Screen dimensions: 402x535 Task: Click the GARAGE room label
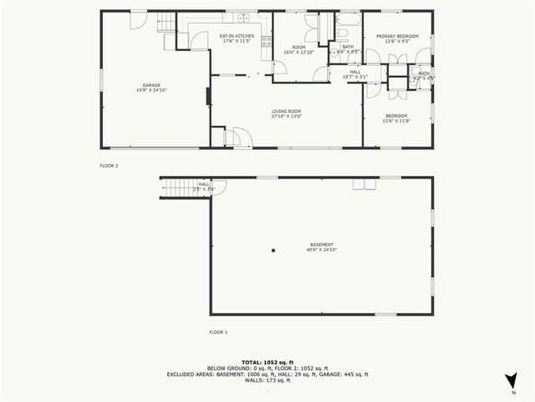click(151, 85)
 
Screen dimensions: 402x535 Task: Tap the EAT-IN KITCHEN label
click(237, 36)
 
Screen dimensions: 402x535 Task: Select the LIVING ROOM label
click(286, 111)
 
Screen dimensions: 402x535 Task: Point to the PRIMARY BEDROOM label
click(396, 36)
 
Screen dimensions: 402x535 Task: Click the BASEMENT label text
click(322, 245)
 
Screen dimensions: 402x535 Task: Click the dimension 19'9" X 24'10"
click(151, 90)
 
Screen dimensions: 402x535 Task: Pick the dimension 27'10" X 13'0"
click(286, 116)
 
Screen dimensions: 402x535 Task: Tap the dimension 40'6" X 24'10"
click(322, 250)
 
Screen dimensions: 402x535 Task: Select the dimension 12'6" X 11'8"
click(396, 121)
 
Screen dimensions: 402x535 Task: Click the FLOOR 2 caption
click(110, 167)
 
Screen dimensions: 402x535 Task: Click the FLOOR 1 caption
click(218, 332)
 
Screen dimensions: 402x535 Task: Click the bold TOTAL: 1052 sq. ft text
click(267, 361)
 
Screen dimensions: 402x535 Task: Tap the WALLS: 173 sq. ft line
click(267, 381)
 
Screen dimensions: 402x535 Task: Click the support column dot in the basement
click(273, 250)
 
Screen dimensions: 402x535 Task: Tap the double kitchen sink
click(243, 18)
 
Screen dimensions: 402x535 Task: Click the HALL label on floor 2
click(355, 72)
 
